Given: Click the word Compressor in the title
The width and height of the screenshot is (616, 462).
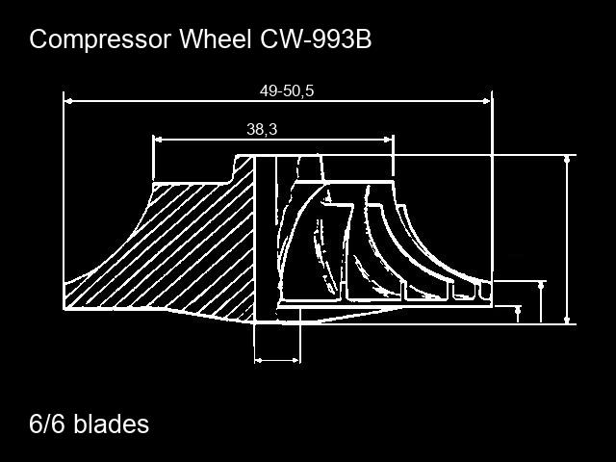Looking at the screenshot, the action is pos(100,39).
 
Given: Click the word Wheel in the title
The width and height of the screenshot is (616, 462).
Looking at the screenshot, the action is pos(215,38).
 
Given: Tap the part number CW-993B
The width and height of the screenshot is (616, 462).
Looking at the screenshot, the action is pos(316,38).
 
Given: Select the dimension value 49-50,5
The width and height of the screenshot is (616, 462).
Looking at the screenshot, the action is pos(287,90).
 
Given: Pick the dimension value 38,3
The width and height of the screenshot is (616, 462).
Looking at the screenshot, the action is pos(262,129).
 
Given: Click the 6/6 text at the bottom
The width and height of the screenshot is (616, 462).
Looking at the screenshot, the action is pos(47,423).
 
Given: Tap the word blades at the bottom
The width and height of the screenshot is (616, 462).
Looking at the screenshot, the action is pos(112,423).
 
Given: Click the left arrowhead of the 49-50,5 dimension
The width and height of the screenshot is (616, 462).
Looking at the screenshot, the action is pos(68,101).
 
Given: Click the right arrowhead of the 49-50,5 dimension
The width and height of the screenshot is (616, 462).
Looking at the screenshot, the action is pos(487,101).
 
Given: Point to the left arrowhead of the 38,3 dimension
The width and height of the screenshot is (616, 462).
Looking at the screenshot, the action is pos(158,140).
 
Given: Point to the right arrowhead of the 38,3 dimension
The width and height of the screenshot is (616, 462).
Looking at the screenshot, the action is pos(388,140).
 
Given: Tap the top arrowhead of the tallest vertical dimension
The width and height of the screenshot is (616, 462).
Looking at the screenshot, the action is pos(567,160).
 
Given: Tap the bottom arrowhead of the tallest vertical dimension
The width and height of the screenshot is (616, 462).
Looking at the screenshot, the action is pos(567,320).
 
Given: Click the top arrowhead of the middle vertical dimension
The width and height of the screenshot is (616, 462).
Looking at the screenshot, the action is pos(542,286).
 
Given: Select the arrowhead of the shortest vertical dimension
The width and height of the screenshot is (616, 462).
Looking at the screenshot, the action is pos(518,310).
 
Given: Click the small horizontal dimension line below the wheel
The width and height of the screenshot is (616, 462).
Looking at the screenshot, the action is pos(277,360).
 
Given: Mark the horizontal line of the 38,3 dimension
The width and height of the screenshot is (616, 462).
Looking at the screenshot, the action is pos(273,140).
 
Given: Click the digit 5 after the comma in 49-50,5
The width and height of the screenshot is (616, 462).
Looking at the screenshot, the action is pos(310,90).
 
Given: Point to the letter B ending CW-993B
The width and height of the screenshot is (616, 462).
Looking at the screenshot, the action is pos(364,38).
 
